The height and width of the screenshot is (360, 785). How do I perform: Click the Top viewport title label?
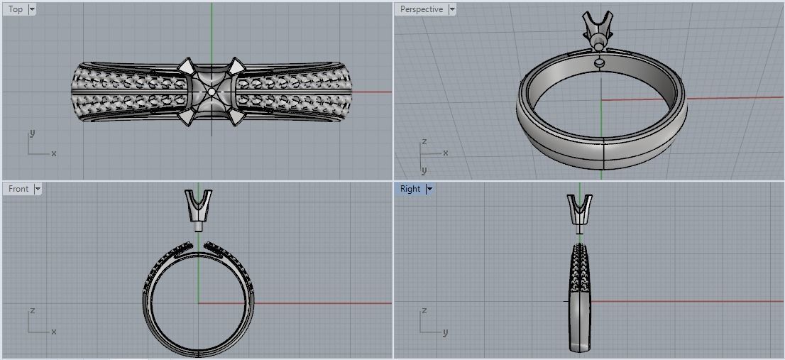pyautogui.click(x=15, y=9)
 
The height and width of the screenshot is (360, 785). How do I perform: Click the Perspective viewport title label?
pyautogui.click(x=421, y=9)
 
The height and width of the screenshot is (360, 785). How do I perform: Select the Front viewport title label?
pyautogui.click(x=18, y=189)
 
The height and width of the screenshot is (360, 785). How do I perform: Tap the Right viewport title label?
pyautogui.click(x=410, y=189)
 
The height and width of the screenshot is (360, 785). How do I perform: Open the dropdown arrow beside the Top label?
pyautogui.click(x=32, y=9)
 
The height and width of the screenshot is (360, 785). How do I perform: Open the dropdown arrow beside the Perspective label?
pyautogui.click(x=452, y=9)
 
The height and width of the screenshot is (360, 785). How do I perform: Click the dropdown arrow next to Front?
pyautogui.click(x=38, y=189)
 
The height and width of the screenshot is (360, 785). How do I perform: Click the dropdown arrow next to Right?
pyautogui.click(x=429, y=189)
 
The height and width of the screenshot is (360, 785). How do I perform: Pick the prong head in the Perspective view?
pyautogui.click(x=595, y=28)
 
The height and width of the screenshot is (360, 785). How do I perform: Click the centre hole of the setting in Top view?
pyautogui.click(x=212, y=92)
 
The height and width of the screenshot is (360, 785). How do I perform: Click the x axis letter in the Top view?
pyautogui.click(x=54, y=153)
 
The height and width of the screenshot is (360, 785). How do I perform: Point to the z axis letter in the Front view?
pyautogui.click(x=33, y=311)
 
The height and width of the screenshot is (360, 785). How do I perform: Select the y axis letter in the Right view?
pyautogui.click(x=446, y=332)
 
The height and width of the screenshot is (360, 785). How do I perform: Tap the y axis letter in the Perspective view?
pyautogui.click(x=424, y=170)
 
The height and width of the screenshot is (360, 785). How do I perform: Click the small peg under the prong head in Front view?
pyautogui.click(x=198, y=229)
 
